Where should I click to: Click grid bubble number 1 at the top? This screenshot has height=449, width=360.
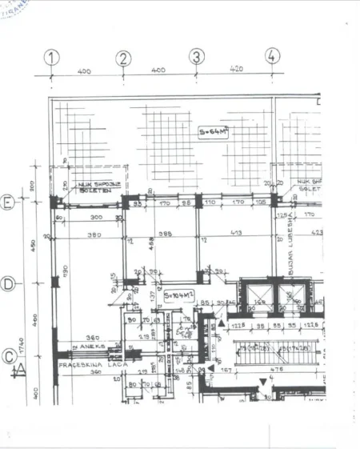click(52, 58)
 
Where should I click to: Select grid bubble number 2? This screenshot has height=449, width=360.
click(123, 58)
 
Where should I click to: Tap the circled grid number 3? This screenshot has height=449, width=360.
click(197, 57)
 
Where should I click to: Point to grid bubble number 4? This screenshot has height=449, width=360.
click(273, 55)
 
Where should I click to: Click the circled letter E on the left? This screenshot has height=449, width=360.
click(8, 202)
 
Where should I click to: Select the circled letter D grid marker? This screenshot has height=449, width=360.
click(8, 283)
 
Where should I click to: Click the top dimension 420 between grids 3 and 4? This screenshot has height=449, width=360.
click(235, 69)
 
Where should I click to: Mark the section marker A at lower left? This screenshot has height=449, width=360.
click(16, 370)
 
